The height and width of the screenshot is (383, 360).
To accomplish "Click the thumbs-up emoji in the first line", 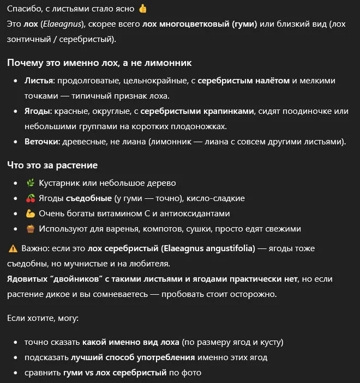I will pos(143,9).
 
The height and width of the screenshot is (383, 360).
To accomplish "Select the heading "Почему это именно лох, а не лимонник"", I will pos(99,63).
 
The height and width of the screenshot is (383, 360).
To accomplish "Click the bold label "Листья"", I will pos(39,80).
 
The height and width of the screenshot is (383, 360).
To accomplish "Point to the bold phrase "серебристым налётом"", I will pos(243,80).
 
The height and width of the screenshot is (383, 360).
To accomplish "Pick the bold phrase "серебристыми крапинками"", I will pos(197,111).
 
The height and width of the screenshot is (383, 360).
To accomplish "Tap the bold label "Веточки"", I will pos(43,142).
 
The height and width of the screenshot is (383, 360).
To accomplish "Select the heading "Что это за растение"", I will pos(52,165).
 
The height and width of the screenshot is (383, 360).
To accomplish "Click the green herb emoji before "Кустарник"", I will pos(30,183).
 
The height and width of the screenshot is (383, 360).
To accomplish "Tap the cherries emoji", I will pos(30,198).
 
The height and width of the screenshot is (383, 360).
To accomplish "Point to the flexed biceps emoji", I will pos(30,213).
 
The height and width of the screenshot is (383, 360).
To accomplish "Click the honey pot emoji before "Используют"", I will pos(30,228).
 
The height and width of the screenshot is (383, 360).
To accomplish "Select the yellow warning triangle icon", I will pos(13,248).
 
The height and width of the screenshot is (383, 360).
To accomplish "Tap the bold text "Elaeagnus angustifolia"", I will pos(208,248).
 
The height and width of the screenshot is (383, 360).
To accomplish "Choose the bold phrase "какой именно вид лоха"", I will pos(130,343).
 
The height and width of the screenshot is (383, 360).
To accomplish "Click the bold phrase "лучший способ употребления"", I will pos(133,358).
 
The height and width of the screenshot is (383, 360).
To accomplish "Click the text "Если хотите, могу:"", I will pos(43,317).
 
